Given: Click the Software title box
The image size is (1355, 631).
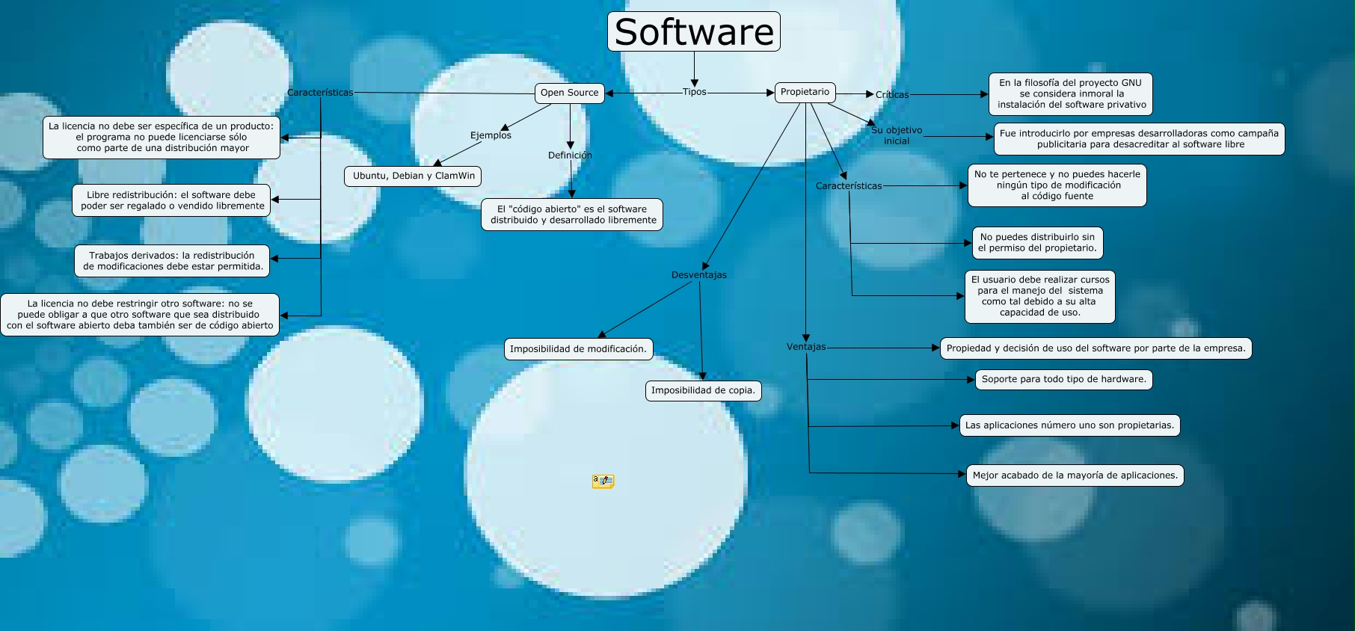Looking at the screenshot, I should click(693, 31).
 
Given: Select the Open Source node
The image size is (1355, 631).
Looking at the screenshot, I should click(569, 93).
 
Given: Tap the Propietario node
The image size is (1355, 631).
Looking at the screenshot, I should click(805, 92).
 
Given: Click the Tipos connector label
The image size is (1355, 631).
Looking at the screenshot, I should click(694, 92).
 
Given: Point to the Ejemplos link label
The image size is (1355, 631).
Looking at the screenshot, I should click(491, 135).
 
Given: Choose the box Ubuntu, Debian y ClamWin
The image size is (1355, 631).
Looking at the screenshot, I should click(414, 176).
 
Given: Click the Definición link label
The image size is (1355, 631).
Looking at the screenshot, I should click(570, 156).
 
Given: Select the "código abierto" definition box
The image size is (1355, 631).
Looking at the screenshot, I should click(573, 215).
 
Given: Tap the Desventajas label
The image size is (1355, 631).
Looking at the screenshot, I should click(698, 275).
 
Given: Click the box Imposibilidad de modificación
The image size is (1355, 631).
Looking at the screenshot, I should click(578, 349).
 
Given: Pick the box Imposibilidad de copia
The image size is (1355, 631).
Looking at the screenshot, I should click(703, 390).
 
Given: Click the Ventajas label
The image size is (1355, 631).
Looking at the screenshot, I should click(806, 347).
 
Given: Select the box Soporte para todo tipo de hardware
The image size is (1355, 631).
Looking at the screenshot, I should click(1063, 379).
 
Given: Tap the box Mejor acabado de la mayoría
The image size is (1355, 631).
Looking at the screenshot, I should click(1075, 475).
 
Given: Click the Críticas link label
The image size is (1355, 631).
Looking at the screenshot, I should click(892, 95).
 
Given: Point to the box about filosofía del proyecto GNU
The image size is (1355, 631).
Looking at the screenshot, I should click(1071, 93).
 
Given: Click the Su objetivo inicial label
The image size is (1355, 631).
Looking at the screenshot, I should click(897, 135).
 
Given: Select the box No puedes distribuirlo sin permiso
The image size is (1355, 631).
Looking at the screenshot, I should click(1037, 243).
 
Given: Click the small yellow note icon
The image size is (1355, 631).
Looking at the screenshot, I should click(603, 481).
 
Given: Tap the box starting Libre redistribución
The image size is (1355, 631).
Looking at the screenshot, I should click(171, 200).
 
